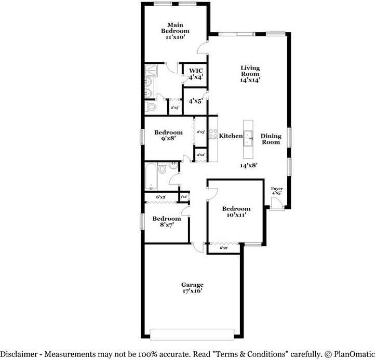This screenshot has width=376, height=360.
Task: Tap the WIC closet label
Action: point(195,71)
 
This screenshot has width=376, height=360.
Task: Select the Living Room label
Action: point(250,71)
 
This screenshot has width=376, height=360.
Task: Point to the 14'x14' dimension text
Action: point(250,80)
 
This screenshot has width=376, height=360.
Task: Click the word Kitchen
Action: point(231,136)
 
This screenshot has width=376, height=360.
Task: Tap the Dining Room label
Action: point(271,139)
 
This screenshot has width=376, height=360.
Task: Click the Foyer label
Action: point(277,189)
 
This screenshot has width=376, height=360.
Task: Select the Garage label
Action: point(192,285)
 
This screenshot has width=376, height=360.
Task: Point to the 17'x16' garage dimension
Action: point(192,291)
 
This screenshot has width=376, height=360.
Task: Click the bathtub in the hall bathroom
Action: point(150,177)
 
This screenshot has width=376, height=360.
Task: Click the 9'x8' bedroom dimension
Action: point(168,139)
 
